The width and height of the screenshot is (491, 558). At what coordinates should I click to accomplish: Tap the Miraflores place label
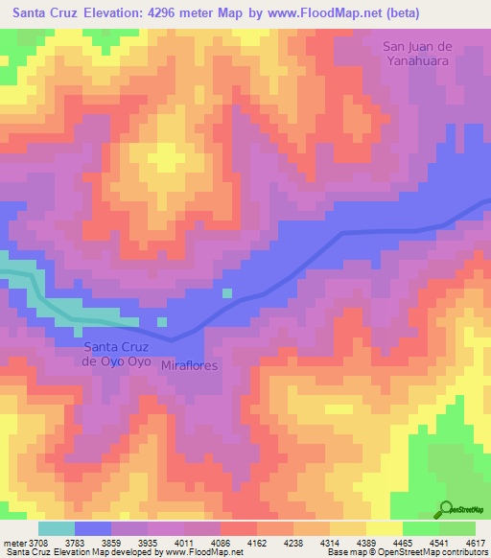click(x=190, y=366)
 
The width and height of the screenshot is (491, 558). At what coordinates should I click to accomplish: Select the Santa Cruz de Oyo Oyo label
click(x=117, y=354)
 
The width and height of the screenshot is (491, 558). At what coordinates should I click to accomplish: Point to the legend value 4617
click(x=477, y=542)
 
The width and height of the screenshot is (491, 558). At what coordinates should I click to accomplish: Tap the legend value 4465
click(x=404, y=542)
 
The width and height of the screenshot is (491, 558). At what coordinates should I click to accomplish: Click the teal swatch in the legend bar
click(x=56, y=528)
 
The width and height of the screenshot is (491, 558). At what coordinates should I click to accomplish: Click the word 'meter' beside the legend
click(x=13, y=542)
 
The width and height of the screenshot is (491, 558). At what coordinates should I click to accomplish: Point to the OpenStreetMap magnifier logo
click(x=447, y=510)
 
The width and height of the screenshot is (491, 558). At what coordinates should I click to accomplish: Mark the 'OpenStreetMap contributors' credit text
click(x=433, y=552)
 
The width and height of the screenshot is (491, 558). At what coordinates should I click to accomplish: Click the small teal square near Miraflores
click(x=227, y=293)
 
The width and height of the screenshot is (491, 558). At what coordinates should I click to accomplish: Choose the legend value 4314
click(x=331, y=542)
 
